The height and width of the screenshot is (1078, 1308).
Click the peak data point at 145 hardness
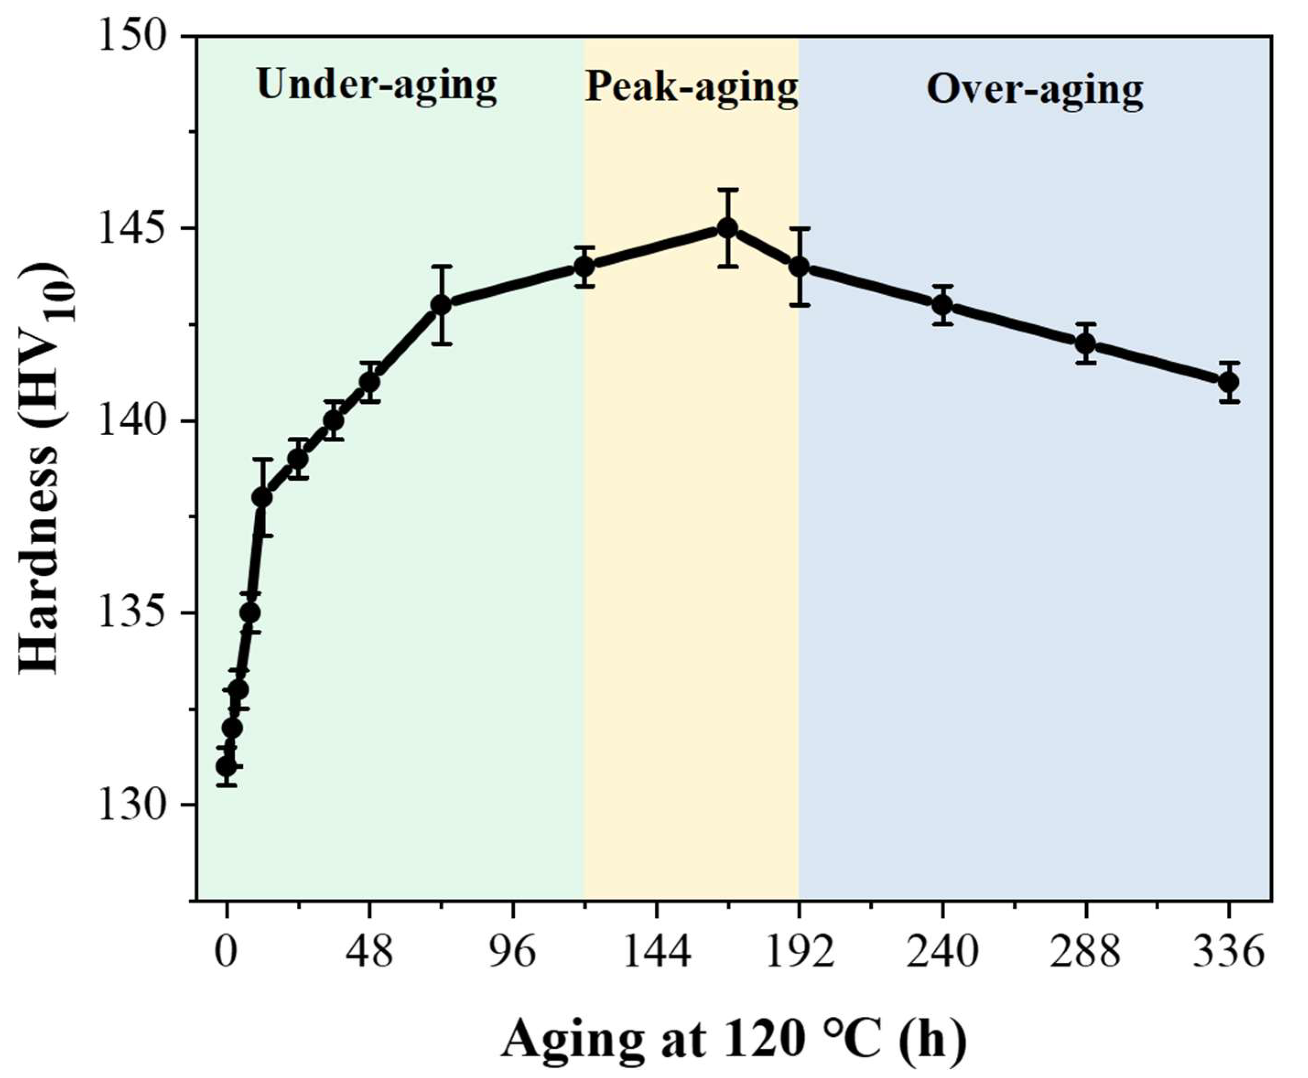click(727, 229)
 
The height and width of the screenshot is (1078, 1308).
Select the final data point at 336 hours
click(1228, 382)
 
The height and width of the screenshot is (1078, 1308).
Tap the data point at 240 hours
click(942, 305)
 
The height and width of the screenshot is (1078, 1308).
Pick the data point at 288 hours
click(1086, 343)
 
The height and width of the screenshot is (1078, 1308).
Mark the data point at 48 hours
click(370, 382)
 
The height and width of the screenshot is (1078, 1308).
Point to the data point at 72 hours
click(441, 305)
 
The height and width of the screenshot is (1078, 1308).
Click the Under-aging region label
click(377, 85)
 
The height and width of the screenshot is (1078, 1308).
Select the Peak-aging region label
click(691, 87)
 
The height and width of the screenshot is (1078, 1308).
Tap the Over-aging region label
click(1035, 90)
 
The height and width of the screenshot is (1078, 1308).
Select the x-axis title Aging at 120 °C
click(733, 1039)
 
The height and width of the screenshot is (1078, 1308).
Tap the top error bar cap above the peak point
click(727, 190)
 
